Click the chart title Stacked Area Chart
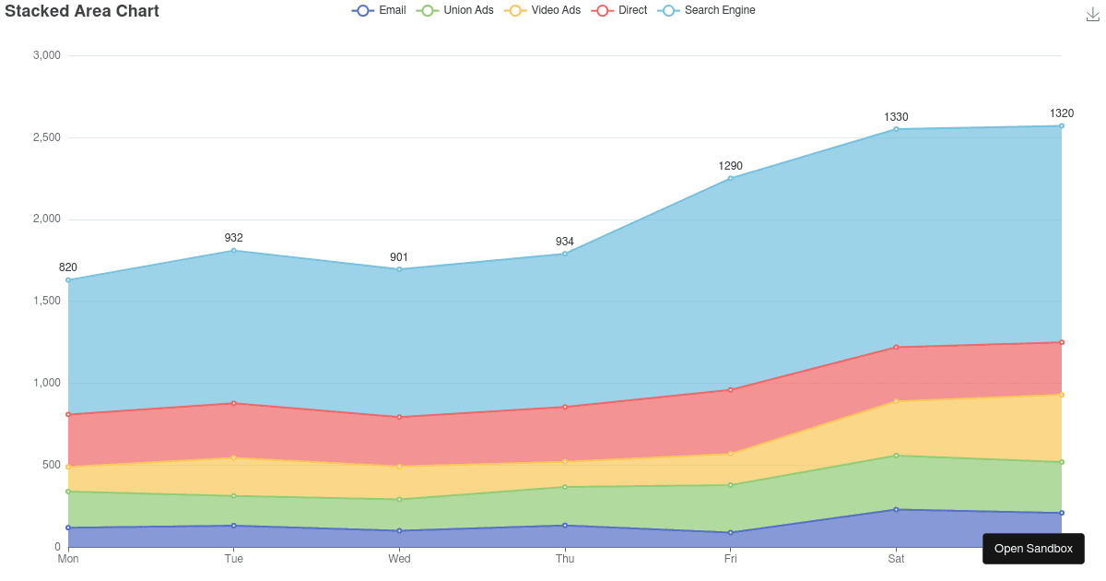[x=82, y=11]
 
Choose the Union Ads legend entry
[x=456, y=10]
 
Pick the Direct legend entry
[x=621, y=10]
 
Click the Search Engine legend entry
[x=708, y=10]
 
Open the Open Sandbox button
[x=1033, y=549]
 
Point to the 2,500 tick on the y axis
[x=46, y=137]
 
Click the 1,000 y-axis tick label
[x=46, y=383]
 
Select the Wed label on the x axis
[x=399, y=559]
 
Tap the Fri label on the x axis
[x=731, y=559]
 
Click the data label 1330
[x=896, y=117]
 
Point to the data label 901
[x=399, y=257]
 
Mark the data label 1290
[x=731, y=166]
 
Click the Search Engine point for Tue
[x=234, y=251]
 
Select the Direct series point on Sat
[x=896, y=348]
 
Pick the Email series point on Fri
[x=731, y=533]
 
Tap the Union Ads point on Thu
[x=565, y=487]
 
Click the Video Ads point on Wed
[x=399, y=467]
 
